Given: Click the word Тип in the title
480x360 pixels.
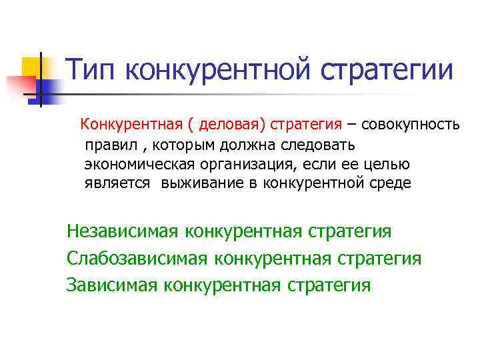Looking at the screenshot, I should click(93, 71).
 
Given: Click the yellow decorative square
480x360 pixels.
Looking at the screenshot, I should click(31, 66).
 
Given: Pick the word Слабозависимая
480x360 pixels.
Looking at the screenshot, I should click(137, 259).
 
